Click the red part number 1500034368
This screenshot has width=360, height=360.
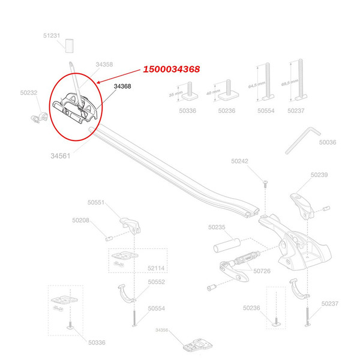(171, 70)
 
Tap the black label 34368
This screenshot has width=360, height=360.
(122, 86)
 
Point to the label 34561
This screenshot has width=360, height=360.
(62, 155)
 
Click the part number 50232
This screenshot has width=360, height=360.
(28, 92)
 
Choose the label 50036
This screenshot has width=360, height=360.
(327, 143)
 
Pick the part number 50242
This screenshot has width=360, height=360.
(239, 161)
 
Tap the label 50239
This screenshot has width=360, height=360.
(319, 175)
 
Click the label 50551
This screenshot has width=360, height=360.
(97, 203)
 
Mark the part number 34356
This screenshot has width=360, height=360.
(163, 329)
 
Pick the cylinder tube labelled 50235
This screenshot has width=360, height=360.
(227, 247)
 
